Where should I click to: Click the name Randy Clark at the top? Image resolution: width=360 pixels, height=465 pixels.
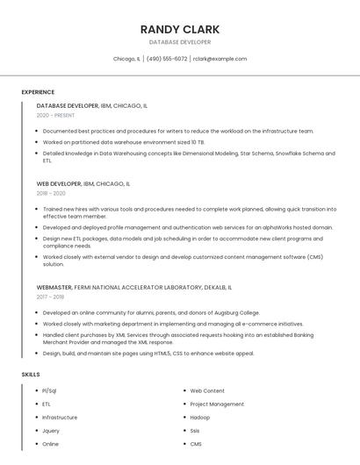point(180,29)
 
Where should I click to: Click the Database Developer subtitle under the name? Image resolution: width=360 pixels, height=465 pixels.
point(180,42)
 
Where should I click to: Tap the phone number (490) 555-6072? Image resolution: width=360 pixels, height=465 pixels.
point(167,59)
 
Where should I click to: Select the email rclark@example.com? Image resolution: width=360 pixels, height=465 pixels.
point(220,59)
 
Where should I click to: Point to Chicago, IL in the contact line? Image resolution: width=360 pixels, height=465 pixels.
point(126,59)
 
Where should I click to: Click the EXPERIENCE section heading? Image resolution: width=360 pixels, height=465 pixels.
point(38,92)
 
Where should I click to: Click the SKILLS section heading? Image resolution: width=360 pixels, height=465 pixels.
point(30,375)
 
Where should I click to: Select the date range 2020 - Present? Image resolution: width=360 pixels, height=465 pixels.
point(55,115)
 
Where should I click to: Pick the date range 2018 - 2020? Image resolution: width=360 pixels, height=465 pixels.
point(51,193)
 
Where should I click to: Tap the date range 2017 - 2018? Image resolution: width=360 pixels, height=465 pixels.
point(51,297)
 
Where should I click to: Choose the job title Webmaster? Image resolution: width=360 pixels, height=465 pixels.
point(54,287)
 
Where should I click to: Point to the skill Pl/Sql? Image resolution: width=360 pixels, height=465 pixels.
point(49,390)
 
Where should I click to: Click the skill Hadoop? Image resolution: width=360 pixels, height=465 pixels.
point(200,418)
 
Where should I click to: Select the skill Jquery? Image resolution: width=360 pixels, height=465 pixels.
point(51,431)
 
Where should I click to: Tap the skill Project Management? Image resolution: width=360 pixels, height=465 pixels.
point(217,404)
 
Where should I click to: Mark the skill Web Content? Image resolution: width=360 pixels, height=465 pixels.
point(207,390)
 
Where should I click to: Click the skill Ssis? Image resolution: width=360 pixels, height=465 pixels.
point(196,431)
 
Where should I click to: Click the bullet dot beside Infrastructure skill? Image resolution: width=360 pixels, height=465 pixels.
point(35,418)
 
